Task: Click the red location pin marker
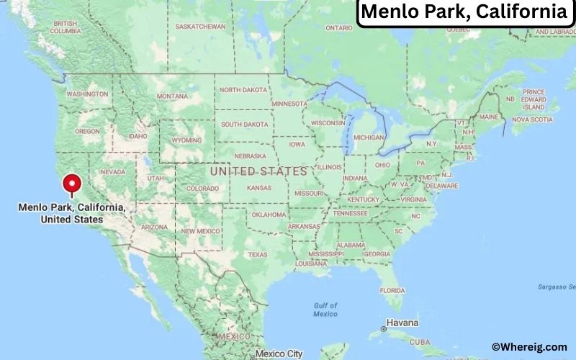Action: point(71,184)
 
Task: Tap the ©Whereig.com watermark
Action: point(529,347)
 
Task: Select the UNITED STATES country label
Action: point(258,171)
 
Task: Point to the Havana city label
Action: point(402,323)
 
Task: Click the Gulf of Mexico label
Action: point(325,310)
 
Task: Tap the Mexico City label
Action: point(279,354)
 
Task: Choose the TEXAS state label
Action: point(257,254)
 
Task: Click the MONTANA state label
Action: point(172,96)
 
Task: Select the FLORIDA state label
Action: point(392,289)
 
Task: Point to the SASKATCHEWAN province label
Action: point(201,27)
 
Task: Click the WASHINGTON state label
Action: point(87,94)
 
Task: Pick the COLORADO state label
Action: point(202,189)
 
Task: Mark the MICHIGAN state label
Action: point(369,137)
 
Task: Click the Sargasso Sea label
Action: point(559,287)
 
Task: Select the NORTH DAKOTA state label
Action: point(243,90)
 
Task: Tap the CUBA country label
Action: point(419,341)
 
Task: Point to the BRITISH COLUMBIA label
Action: point(65,27)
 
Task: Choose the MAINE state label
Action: point(489,116)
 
